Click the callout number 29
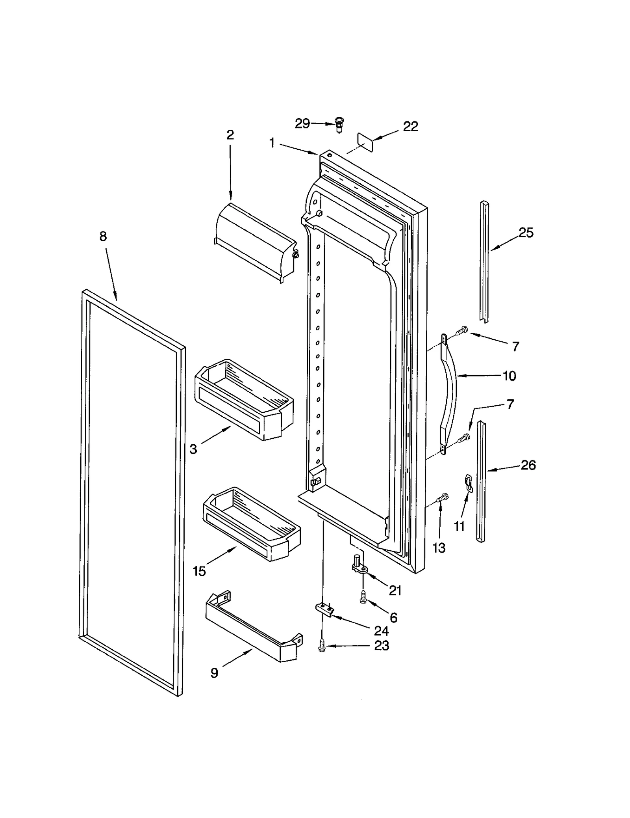(x=302, y=123)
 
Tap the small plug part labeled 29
(x=339, y=125)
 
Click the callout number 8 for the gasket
(x=103, y=237)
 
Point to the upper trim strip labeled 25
(x=484, y=262)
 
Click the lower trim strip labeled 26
(x=481, y=482)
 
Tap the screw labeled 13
(x=443, y=498)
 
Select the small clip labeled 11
(x=468, y=483)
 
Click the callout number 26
(x=528, y=465)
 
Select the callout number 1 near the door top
(x=272, y=143)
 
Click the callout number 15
(x=199, y=571)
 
